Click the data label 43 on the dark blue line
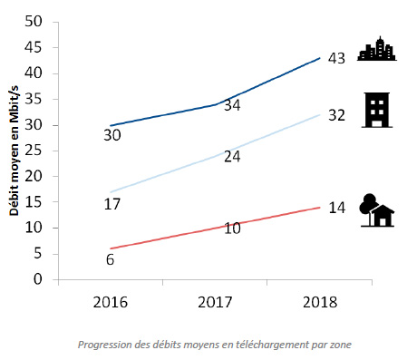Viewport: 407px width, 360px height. pos(336,58)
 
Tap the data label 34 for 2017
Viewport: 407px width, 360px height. pos(232,105)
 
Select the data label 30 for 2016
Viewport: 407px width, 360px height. pos(112,135)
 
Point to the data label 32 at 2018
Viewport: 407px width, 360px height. pos(336,115)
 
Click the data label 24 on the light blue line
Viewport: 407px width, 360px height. pos(232,157)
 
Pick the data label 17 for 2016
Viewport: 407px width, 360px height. pos(112,204)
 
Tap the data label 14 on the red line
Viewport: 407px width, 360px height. pos(336,208)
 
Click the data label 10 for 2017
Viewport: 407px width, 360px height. pos(232,229)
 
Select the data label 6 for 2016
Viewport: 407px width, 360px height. pos(110,259)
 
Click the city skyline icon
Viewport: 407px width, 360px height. pos(377,49)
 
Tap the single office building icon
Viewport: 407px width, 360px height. pos(377,110)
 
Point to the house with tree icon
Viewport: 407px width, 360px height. pos(377,210)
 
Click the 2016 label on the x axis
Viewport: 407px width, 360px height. pos(111,302)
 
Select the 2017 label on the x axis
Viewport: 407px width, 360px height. pos(215,302)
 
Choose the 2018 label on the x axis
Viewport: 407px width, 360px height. pos(320,302)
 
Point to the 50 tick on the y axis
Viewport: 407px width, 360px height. pos(34,22)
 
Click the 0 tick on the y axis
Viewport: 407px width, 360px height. pos(38,279)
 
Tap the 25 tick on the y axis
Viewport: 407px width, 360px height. pos(34,151)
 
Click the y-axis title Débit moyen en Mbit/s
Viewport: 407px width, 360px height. pos(14,151)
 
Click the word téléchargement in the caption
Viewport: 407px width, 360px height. pos(272,345)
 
